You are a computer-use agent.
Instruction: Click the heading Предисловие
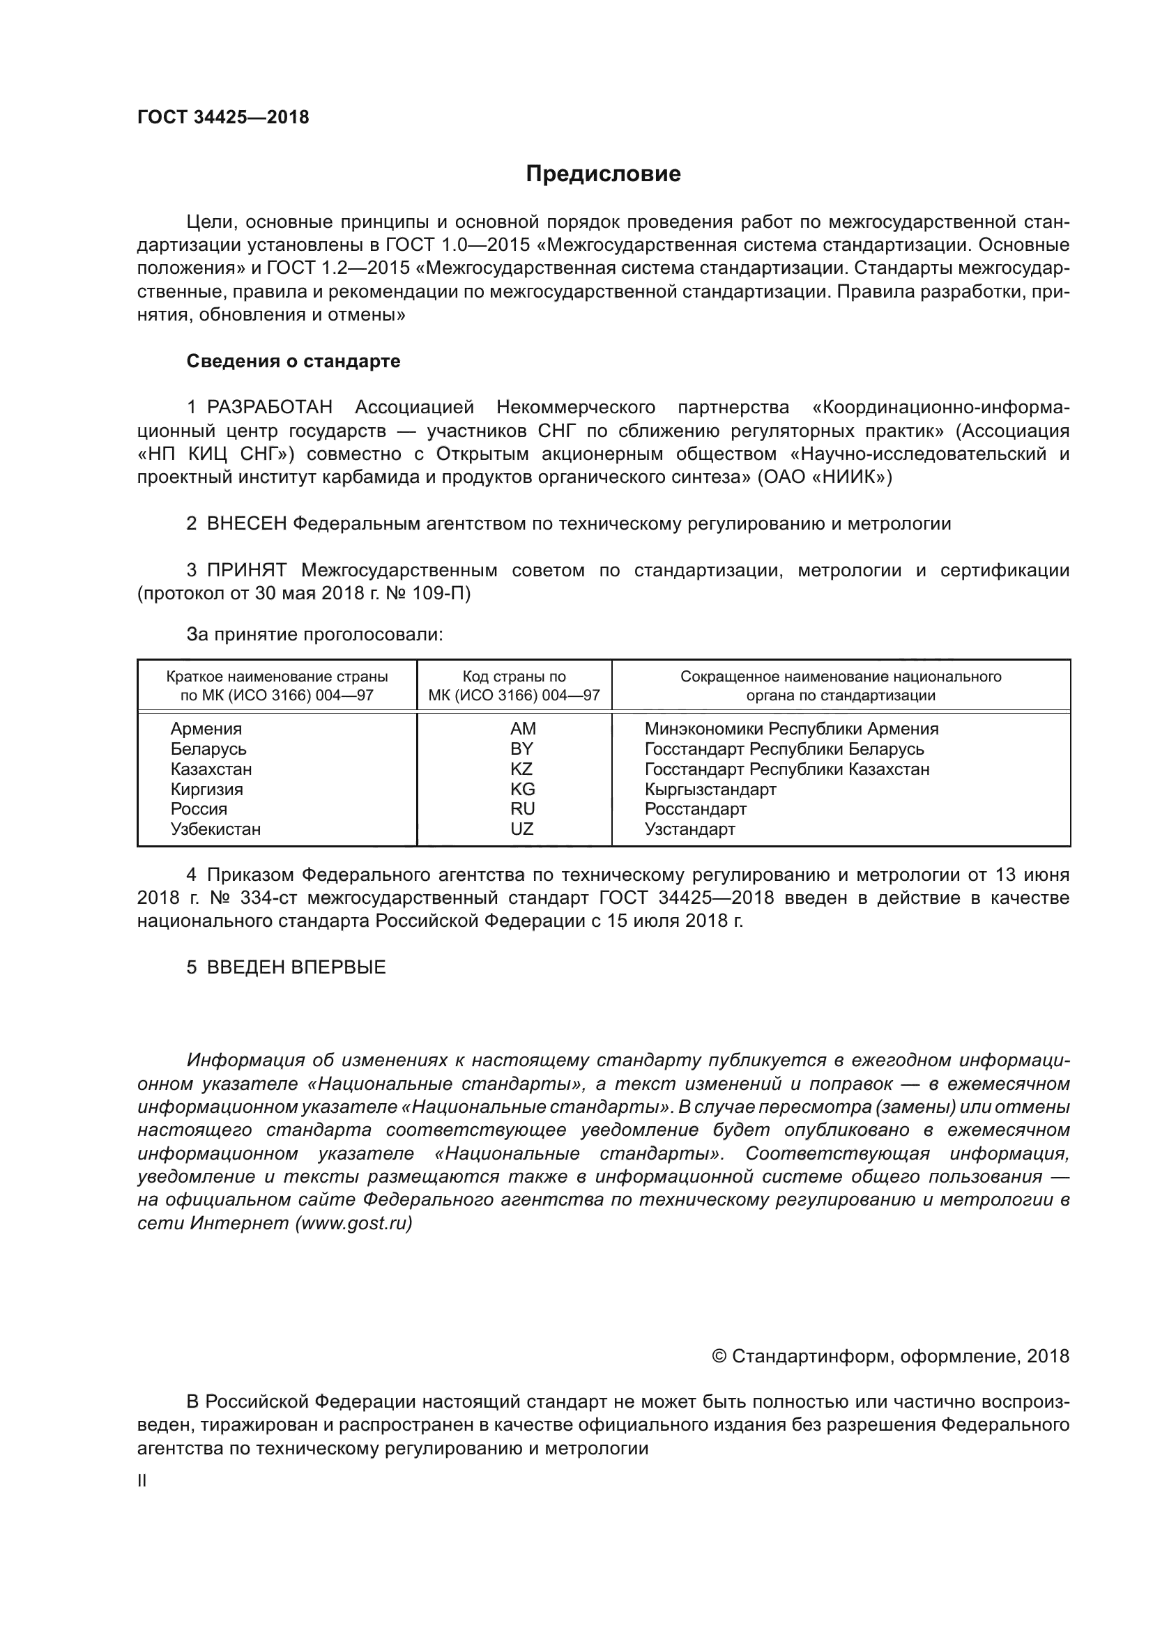[603, 174]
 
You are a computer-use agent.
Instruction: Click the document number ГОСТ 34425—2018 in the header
[223, 118]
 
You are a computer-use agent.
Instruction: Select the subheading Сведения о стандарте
[293, 362]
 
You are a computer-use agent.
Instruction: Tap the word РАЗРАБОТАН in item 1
[270, 408]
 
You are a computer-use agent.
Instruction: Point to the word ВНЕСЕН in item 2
[246, 524]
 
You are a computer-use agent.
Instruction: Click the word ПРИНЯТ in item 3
[246, 570]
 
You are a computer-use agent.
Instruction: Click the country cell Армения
[206, 729]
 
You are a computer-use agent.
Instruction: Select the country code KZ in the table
[521, 769]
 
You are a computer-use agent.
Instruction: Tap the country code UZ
[521, 829]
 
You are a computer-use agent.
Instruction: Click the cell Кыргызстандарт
[710, 790]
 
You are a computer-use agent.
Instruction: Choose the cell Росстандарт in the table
[695, 809]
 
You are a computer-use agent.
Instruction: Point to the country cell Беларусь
[208, 749]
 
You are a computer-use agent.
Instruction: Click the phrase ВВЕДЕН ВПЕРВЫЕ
[296, 968]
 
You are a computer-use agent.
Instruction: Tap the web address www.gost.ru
[353, 1223]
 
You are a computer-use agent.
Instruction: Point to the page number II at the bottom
[142, 1481]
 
